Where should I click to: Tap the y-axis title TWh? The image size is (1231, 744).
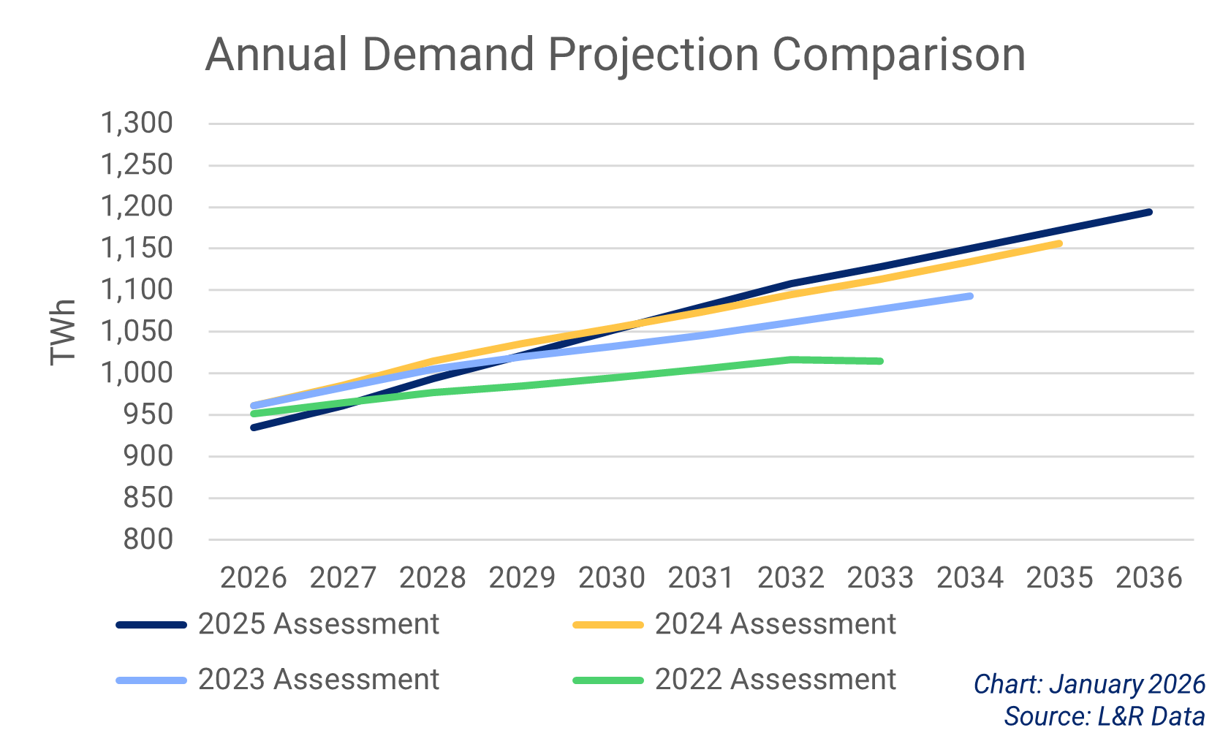tap(64, 332)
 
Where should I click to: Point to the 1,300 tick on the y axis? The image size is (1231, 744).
tap(137, 123)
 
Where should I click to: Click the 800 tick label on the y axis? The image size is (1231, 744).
tap(148, 539)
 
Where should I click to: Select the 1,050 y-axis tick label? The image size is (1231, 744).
tap(137, 331)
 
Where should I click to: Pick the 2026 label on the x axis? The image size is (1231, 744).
tap(253, 578)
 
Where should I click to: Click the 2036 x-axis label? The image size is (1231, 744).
tap(1148, 578)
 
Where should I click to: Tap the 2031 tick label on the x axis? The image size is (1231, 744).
tap(701, 578)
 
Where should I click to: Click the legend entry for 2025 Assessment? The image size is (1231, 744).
tap(318, 624)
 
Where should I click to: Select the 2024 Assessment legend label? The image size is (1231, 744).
tap(775, 624)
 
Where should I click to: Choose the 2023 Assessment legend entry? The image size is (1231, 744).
tap(318, 680)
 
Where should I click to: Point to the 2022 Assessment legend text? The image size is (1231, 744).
tap(775, 680)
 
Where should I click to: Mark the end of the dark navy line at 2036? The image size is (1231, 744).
tap(1149, 212)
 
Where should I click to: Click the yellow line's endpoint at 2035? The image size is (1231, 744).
tap(1059, 243)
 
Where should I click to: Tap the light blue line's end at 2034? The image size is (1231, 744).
tap(970, 296)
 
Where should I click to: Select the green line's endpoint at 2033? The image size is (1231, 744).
tap(880, 361)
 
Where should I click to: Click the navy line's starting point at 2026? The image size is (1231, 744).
tap(254, 428)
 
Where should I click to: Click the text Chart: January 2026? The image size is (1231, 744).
tap(1089, 685)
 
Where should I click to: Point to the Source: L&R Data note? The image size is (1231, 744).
tap(1104, 716)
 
